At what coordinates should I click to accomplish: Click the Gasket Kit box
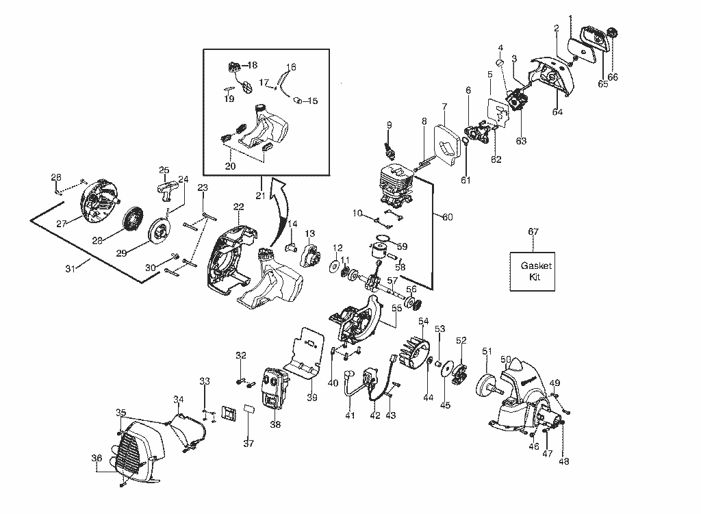tap(533, 272)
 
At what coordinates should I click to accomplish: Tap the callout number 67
tap(533, 231)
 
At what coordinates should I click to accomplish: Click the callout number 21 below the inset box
tap(260, 195)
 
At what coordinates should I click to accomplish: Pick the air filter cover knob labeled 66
tap(611, 32)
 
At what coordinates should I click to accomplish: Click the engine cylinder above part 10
tap(396, 185)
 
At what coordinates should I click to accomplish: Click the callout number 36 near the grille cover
tap(97, 458)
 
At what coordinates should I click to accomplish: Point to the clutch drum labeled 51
tap(489, 385)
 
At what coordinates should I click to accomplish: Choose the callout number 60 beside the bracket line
tap(448, 217)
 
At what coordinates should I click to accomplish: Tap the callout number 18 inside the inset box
tap(252, 65)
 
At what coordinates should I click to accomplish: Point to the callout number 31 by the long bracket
tap(71, 268)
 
